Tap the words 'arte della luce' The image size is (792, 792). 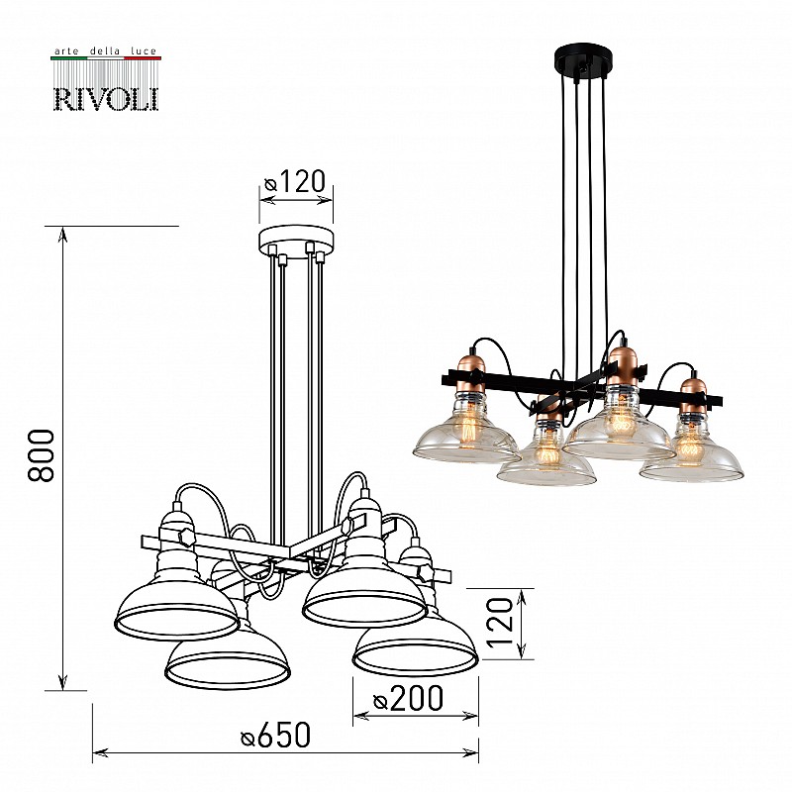(x=106, y=51)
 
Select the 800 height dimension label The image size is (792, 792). (x=41, y=455)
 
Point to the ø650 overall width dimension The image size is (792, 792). (x=276, y=735)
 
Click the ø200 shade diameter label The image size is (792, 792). (x=408, y=698)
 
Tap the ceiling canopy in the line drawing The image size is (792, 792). (x=296, y=241)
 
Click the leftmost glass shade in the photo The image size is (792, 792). (x=466, y=436)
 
